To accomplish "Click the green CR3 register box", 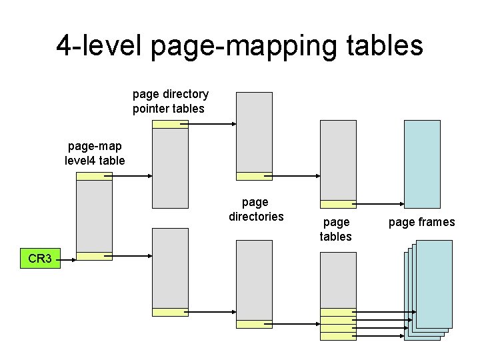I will (41, 258).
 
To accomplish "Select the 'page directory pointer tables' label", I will (170, 101).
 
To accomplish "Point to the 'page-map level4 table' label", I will (95, 153).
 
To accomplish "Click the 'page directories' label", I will (255, 209).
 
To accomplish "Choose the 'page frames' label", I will (421, 222).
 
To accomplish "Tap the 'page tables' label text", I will (335, 229).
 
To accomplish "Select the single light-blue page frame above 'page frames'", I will (422, 164).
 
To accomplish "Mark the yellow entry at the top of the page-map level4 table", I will (94, 177).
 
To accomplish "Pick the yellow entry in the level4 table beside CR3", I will (94, 256).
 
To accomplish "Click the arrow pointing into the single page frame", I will (380, 204).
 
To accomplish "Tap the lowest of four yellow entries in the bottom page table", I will (338, 336).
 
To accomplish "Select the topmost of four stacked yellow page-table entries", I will (338, 311).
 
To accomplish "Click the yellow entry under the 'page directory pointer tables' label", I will (170, 124).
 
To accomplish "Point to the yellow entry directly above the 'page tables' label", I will (338, 204).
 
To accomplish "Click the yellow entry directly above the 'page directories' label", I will (254, 177).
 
